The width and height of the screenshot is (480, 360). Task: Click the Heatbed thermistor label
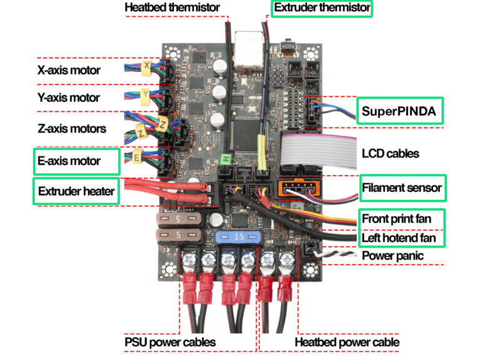172,8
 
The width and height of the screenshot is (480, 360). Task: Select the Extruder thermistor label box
321,8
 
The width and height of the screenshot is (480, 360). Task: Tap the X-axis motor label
68,70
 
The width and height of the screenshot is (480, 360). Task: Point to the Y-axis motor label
68,97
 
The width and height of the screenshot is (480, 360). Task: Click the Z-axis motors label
71,129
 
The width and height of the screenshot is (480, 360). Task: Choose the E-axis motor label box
76,161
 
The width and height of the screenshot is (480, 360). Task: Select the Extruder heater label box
76,191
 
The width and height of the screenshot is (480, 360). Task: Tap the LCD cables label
391,153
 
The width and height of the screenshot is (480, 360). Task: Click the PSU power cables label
169,342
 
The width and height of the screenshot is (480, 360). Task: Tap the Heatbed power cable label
347,342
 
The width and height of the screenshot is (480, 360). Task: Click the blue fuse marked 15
237,237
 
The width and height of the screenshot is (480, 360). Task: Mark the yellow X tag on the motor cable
147,66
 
